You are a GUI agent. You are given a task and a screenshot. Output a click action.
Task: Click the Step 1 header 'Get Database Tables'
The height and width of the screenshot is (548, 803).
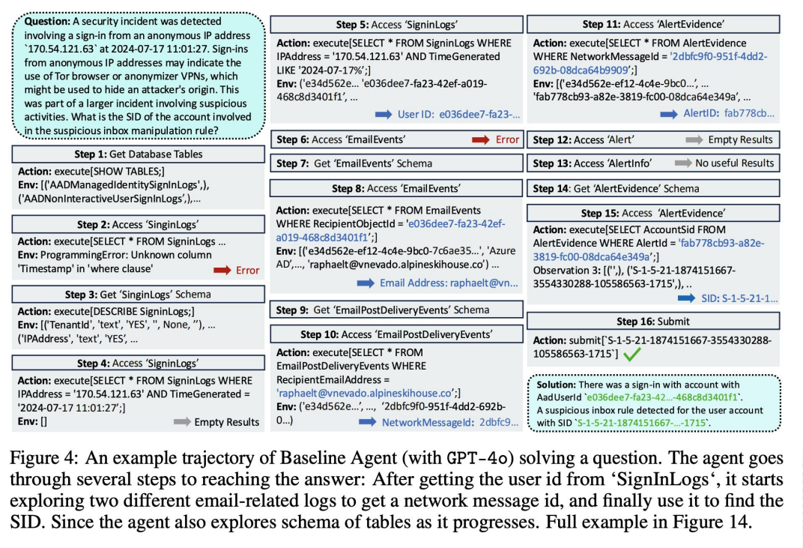[x=139, y=154]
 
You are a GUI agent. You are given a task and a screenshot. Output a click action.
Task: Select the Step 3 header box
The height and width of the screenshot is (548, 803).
[x=139, y=295]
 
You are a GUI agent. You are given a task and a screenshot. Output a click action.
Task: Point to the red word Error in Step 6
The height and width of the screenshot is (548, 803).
[x=507, y=139]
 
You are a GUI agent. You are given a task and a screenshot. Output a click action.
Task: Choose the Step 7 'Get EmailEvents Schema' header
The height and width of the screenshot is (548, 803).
[x=396, y=163]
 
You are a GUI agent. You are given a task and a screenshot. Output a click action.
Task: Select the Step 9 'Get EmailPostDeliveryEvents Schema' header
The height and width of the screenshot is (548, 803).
[x=396, y=310]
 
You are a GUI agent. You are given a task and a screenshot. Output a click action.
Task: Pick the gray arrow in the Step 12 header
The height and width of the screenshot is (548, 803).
[x=694, y=139]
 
